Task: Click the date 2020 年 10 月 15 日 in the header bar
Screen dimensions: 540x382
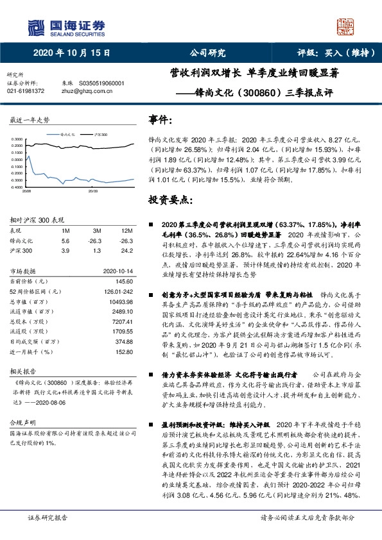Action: (71, 53)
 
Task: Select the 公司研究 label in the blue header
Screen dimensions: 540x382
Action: (207, 53)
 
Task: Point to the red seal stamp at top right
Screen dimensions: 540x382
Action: (346, 28)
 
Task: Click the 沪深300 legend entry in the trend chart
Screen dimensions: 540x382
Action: (100, 135)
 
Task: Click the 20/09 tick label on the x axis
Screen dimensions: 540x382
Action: (92, 191)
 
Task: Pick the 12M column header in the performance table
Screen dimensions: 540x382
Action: (126, 230)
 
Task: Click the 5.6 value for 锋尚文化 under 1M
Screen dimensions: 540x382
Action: (65, 240)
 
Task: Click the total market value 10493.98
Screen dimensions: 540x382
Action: (121, 301)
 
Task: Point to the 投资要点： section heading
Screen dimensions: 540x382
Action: (170, 200)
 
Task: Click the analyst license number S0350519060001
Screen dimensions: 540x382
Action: (102, 83)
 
